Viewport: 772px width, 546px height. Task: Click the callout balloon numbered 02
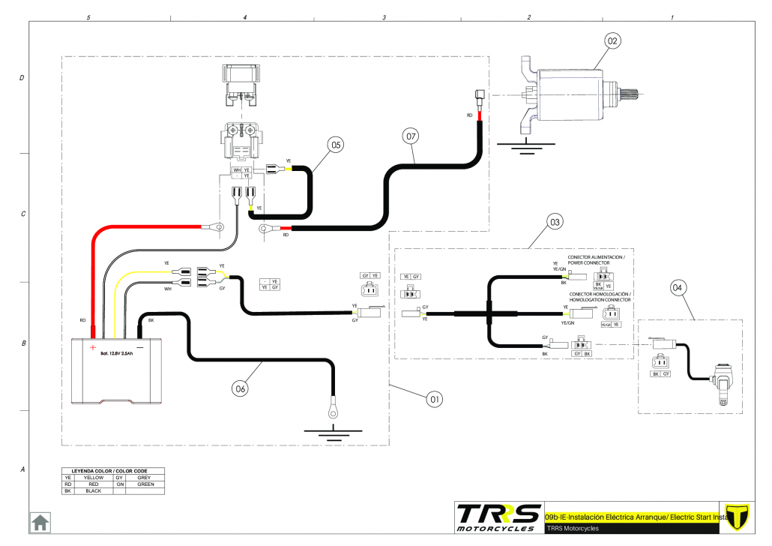[x=612, y=41]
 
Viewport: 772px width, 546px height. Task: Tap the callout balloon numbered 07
[x=410, y=136]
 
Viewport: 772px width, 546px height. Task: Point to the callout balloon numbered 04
[x=678, y=286]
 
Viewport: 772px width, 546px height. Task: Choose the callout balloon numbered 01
[x=434, y=399]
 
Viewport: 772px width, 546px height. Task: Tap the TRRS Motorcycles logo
[x=498, y=517]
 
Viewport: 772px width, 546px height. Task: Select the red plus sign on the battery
[x=93, y=347]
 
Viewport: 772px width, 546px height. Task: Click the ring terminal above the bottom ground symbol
[x=330, y=409]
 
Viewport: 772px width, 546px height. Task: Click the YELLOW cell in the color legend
[x=94, y=477]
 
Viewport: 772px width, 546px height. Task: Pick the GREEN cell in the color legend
[x=146, y=484]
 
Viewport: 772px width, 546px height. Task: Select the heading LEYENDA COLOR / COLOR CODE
[x=114, y=470]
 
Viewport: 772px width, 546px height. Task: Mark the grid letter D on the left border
[x=22, y=78]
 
